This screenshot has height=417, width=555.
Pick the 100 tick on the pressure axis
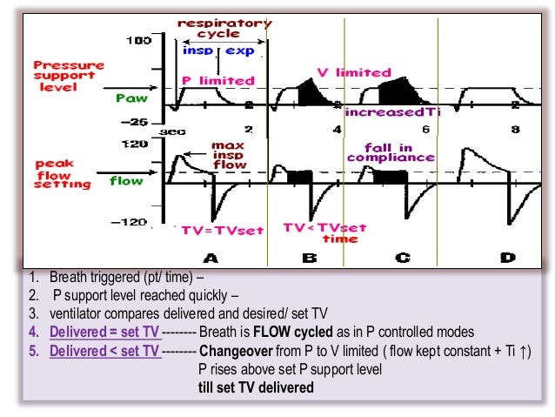pyautogui.click(x=138, y=40)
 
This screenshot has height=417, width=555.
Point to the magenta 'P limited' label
pyautogui.click(x=217, y=81)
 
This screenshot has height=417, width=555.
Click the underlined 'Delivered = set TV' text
pyautogui.click(x=105, y=332)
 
